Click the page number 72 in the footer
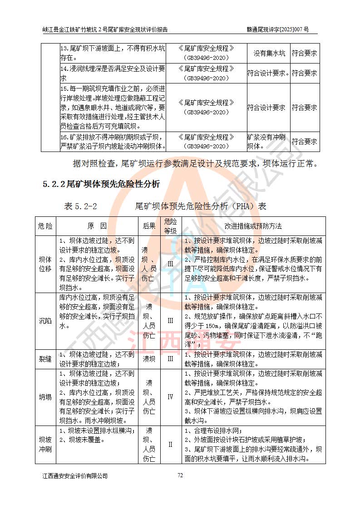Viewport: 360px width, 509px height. point(180,475)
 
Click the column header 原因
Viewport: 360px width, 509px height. point(97,226)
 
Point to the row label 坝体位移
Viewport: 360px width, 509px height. point(45,264)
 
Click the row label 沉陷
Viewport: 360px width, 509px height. point(45,321)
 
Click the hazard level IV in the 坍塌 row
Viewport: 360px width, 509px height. point(170,397)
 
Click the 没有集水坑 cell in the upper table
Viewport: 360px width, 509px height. point(269,54)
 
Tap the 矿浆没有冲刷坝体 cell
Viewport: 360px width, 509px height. point(266,142)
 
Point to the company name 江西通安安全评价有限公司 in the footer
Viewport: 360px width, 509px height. point(75,476)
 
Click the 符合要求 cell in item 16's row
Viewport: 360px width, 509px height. point(304,142)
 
